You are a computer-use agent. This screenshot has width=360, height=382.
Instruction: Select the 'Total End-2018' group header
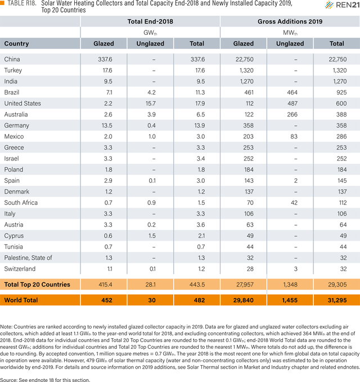point(150,21)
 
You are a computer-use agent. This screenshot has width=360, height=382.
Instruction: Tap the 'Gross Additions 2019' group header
point(290,21)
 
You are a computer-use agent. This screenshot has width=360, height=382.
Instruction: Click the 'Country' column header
point(16,44)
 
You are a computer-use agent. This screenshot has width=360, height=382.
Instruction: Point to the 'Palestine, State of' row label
point(28,258)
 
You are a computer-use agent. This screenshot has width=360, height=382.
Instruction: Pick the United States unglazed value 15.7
point(151,104)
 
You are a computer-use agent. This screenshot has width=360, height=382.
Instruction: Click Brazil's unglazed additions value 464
point(292,93)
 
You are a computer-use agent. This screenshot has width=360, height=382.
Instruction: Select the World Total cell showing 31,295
point(337,300)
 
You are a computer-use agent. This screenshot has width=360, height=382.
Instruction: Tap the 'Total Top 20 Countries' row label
point(37,285)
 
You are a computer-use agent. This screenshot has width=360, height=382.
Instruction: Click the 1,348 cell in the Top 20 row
point(290,285)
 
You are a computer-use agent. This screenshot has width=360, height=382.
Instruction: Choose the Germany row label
point(16,125)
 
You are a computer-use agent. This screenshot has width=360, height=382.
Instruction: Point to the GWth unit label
point(150,33)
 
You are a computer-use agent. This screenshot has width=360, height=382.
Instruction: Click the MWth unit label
point(290,33)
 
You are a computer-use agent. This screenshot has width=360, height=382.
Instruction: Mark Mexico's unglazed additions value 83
point(294,137)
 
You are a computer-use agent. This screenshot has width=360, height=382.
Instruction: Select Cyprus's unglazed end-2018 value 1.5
point(151,236)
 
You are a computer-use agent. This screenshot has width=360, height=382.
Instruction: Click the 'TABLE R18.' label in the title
point(22,3)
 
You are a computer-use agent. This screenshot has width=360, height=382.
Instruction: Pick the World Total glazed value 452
point(107,300)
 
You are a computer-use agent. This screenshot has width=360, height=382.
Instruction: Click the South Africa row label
point(21,203)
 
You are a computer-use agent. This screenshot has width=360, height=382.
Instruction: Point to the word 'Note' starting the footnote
point(6,327)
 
